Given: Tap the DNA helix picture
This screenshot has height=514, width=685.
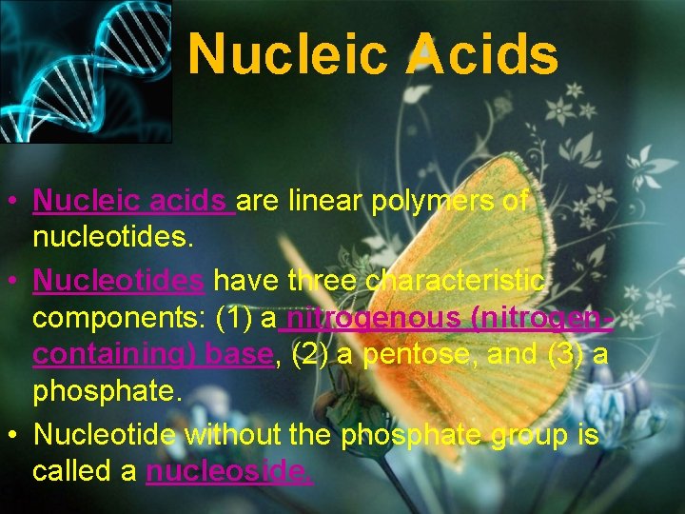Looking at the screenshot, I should tap(85, 71).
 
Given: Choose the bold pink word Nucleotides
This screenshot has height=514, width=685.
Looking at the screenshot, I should tap(118, 280).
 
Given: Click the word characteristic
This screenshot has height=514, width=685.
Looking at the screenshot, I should tap(457, 280).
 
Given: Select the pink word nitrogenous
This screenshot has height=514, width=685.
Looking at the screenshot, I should tap(380, 318).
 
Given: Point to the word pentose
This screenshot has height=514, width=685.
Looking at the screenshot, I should tap(409, 356).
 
